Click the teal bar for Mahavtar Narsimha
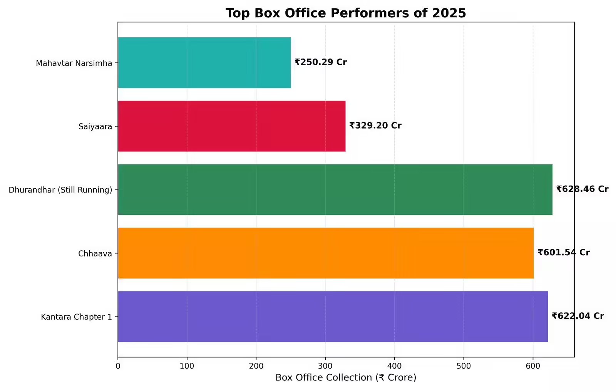(x=204, y=63)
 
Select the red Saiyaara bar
(x=231, y=126)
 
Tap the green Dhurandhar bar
(x=335, y=189)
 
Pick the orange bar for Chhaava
(x=326, y=253)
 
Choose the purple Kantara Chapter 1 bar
(x=333, y=317)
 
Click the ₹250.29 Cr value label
(x=321, y=62)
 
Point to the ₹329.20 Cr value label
(x=375, y=126)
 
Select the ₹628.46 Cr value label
(x=582, y=189)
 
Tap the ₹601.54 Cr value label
(x=564, y=253)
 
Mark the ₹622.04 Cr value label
(x=577, y=316)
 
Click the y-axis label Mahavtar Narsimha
(x=74, y=63)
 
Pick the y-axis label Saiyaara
(x=95, y=126)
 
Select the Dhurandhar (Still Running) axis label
(x=60, y=190)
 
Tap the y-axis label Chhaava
(x=95, y=253)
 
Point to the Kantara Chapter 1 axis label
(x=76, y=317)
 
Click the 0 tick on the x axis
(x=118, y=366)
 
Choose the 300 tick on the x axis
(x=325, y=366)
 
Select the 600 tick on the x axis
(x=533, y=366)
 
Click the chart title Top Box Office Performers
(x=346, y=13)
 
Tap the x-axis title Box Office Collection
(x=346, y=377)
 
